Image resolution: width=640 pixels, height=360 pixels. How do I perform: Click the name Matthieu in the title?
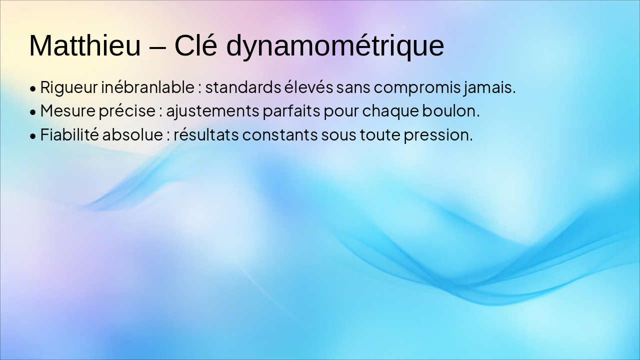pos(85,46)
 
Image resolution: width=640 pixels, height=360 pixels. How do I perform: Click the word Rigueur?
pos(69,87)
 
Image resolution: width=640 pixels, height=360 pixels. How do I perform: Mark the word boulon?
pos(450,111)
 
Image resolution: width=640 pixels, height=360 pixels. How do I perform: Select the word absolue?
pos(132,135)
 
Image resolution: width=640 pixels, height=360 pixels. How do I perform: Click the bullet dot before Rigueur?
pos(33,89)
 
